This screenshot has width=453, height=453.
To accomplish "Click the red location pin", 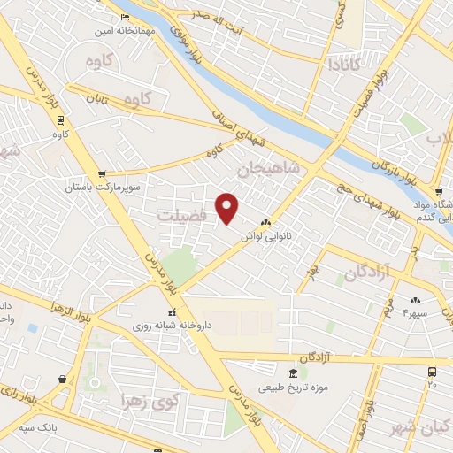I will tap(227, 209).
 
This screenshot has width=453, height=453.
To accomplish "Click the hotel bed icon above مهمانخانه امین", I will tap(125, 17).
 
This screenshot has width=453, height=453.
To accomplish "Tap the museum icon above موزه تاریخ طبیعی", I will tap(293, 373).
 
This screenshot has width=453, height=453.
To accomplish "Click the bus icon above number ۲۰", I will tap(432, 372).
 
